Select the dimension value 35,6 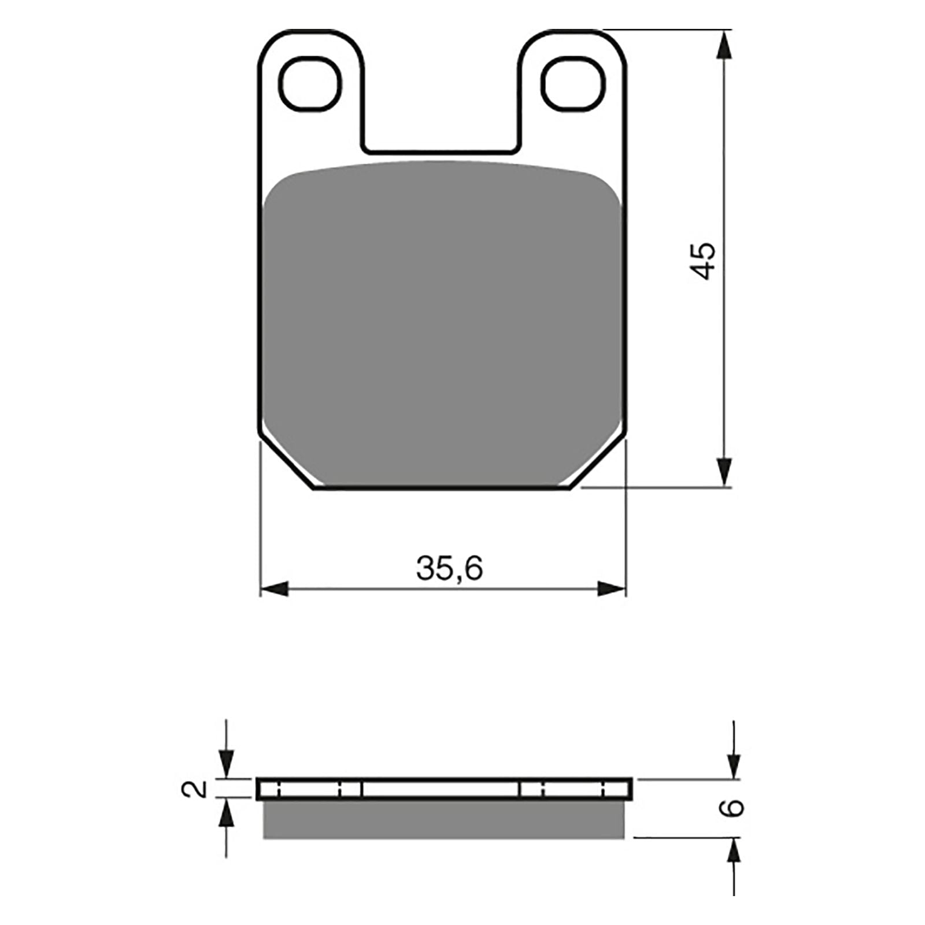point(449,569)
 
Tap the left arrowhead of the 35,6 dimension point(274,590)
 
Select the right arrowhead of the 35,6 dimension point(612,590)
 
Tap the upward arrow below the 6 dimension point(734,852)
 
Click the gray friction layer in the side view point(443,819)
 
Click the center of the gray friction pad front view point(442,324)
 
